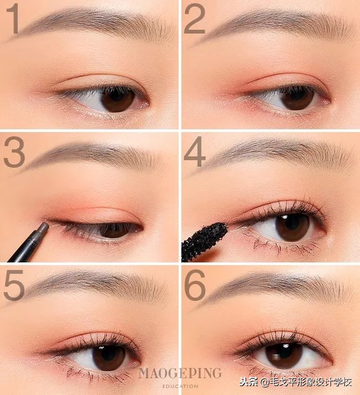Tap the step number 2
click(194, 19)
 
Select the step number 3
click(14, 152)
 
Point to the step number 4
click(195, 152)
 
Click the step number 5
click(14, 285)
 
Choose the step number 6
click(195, 285)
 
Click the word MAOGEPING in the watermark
click(180, 373)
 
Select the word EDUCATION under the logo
click(180, 386)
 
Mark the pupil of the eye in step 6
click(283, 355)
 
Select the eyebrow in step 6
click(277, 287)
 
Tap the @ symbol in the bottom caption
click(265, 383)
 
